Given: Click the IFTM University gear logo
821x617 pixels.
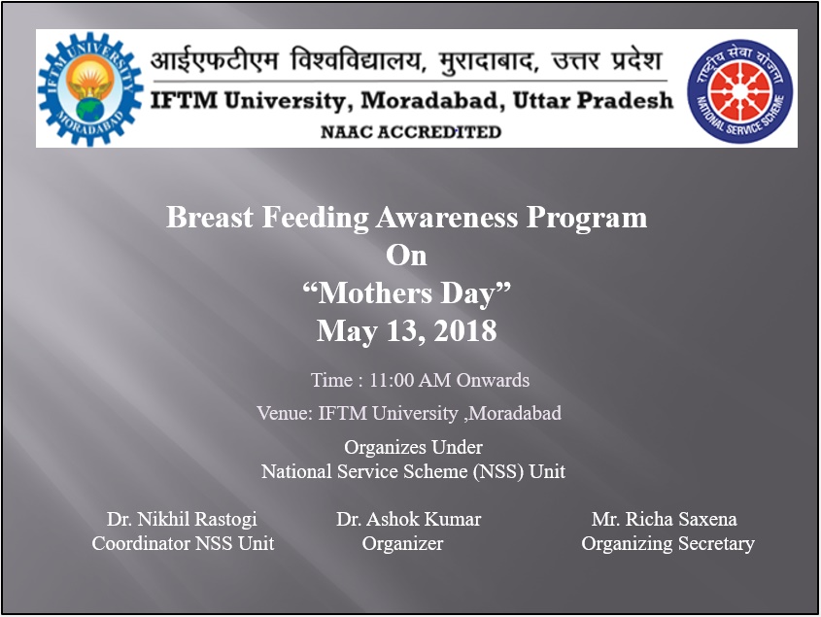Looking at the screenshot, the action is click(x=90, y=89).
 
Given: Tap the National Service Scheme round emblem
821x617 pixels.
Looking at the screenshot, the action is click(x=739, y=91).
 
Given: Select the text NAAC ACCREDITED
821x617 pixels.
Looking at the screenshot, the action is click(x=411, y=132).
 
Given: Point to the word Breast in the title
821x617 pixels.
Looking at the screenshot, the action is click(x=210, y=217).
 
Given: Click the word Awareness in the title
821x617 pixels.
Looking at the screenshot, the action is click(x=447, y=217).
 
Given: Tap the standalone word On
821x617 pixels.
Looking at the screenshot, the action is click(x=406, y=256).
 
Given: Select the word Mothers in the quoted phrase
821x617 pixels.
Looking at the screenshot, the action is click(x=375, y=293).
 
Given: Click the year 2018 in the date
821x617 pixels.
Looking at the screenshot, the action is click(x=465, y=331).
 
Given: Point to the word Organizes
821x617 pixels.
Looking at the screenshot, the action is click(x=385, y=448).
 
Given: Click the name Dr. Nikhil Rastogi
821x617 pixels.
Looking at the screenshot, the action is click(x=182, y=519).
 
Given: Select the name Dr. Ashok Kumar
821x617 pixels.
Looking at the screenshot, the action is click(x=408, y=519).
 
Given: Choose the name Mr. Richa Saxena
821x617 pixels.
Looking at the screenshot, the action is click(x=665, y=519).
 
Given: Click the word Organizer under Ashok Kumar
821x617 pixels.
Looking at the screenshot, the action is click(x=402, y=544).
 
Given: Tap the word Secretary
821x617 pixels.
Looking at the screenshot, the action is click(x=716, y=544).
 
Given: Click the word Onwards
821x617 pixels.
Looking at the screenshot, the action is click(x=493, y=380).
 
